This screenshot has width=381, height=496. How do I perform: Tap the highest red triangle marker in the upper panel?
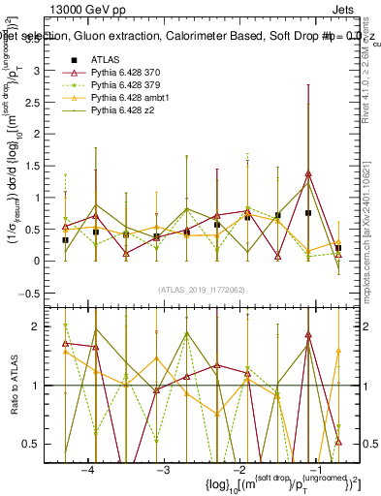coord(308,173)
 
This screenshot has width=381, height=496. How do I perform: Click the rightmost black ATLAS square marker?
coord(338,248)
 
